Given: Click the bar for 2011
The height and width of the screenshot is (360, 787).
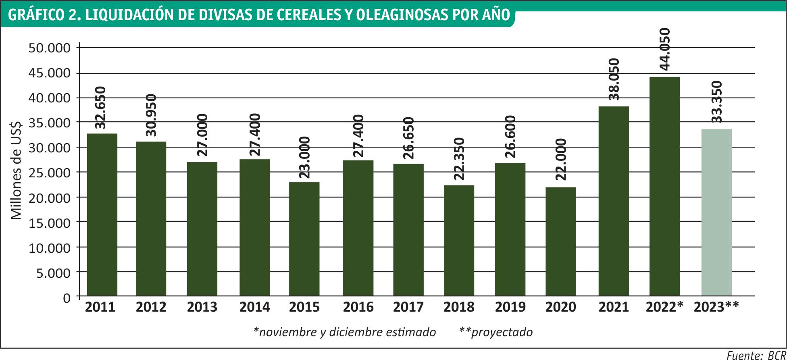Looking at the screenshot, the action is coord(102,215).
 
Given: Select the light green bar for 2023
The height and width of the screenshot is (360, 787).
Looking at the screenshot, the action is coord(716,213).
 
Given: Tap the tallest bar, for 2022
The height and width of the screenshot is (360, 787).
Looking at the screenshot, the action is coord(664,187).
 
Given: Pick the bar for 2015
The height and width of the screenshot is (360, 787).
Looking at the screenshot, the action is coord(304,240).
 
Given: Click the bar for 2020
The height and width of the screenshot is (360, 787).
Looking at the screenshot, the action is coord(561,242).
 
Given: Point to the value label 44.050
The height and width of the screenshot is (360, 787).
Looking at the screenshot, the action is coord(664,49).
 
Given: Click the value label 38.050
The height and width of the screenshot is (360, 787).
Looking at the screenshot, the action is coord(614,79).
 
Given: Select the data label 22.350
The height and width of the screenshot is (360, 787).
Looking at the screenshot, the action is coord(459,158).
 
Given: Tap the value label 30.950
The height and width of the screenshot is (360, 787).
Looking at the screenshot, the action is coord(151,115).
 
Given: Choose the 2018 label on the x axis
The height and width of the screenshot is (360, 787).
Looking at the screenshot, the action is coord(459,307).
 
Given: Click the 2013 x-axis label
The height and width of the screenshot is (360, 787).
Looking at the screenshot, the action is coord(202,307).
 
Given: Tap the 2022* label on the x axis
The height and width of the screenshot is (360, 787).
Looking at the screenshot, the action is coord(664,307).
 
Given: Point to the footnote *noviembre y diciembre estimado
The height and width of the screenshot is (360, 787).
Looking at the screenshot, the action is coord(345,332).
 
